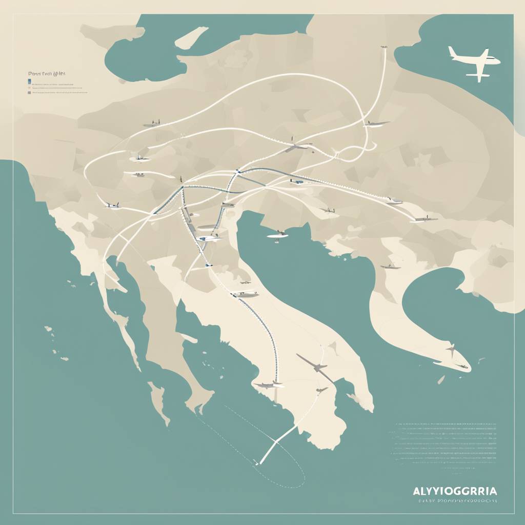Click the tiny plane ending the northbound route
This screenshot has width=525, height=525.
(383, 48)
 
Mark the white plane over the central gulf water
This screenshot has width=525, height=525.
(277, 235)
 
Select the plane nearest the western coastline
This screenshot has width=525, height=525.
(112, 206)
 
